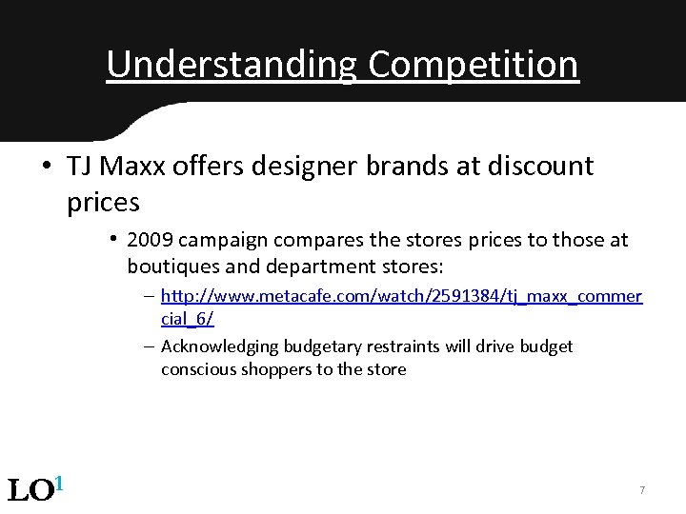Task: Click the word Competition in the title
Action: pyautogui.click(x=473, y=65)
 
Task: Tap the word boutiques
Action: pyautogui.click(x=170, y=264)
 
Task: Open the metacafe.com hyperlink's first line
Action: pyautogui.click(x=401, y=297)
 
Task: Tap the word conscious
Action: pyautogui.click(x=195, y=369)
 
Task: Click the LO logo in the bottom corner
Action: pyautogui.click(x=35, y=489)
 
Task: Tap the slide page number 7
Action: pyautogui.click(x=642, y=490)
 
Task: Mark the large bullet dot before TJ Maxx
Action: pyautogui.click(x=46, y=167)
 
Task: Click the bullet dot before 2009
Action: pyautogui.click(x=112, y=238)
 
